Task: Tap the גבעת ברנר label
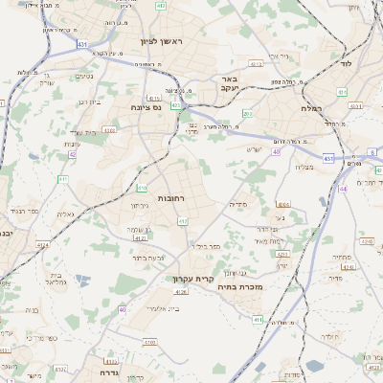(x=149, y=257)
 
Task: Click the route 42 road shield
(x=72, y=153)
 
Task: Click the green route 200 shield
(x=247, y=114)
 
